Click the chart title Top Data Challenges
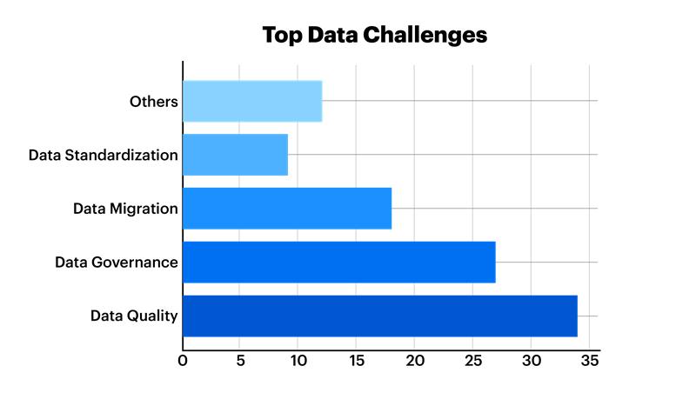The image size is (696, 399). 375,36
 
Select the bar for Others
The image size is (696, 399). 252,101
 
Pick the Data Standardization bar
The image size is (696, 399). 235,155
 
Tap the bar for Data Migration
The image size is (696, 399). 287,209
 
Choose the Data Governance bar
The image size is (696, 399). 339,263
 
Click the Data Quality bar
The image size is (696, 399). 380,316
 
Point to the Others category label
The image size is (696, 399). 154,102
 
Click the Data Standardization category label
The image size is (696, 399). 104,156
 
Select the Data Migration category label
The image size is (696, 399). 126,209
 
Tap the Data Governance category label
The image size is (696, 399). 117,263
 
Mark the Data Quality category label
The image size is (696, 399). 134,316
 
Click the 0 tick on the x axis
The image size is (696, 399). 183,361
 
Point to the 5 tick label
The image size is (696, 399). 241,361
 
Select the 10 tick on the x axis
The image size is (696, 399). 298,361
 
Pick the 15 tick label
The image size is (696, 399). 357,361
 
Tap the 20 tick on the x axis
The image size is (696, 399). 414,361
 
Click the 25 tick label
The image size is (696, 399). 472,361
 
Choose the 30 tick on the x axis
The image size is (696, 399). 531,361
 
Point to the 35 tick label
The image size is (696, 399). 589,361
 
